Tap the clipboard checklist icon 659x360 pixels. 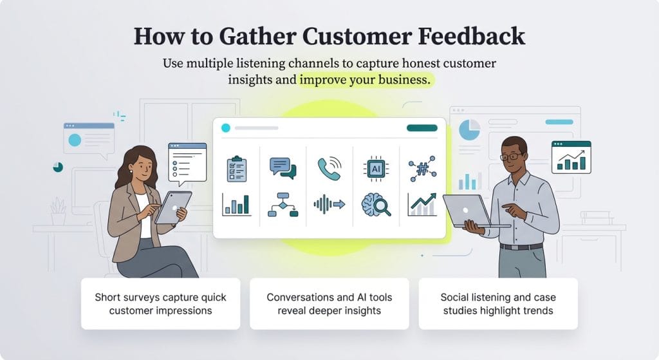(x=236, y=169)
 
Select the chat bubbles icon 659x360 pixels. (x=283, y=168)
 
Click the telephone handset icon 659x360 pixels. (x=329, y=169)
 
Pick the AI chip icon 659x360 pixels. (x=376, y=168)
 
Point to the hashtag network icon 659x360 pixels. (x=422, y=169)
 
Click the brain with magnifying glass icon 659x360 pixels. (x=376, y=205)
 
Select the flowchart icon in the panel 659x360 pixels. (x=283, y=205)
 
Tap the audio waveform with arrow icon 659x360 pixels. (x=329, y=205)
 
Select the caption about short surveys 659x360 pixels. (x=160, y=304)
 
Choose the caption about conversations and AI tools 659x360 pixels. (x=329, y=304)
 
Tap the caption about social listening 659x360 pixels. (x=497, y=304)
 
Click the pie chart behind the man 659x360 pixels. (x=469, y=130)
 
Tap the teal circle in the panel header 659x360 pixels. (x=225, y=128)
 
